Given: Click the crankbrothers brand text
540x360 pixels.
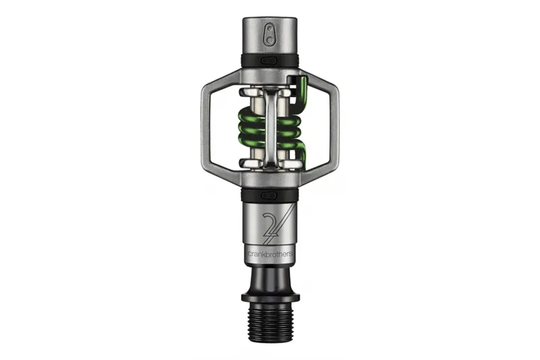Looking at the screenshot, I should point(270,255).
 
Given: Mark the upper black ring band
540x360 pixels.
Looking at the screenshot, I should point(270,61).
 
